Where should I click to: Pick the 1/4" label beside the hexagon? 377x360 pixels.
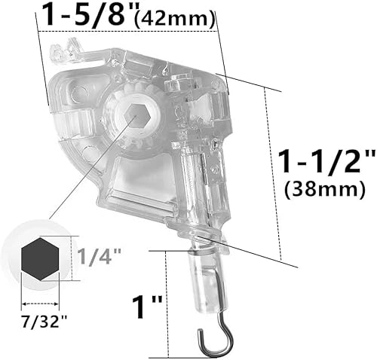pos(95,256)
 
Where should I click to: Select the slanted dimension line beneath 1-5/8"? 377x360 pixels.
pos(128,32)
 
